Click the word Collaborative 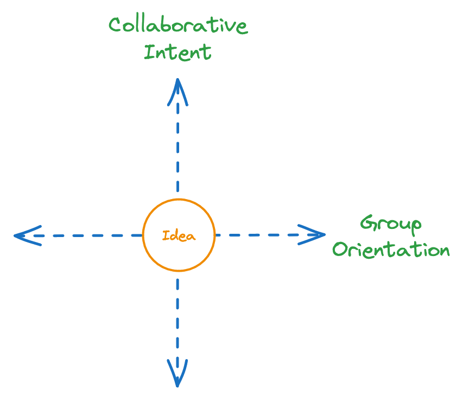178,25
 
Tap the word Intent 177,53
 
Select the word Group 391,224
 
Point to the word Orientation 391,250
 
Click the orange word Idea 179,236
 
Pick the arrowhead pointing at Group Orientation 315,235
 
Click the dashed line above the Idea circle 178,146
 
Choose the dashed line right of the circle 255,235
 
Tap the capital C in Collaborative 115,25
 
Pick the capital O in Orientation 340,251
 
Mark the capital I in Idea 165,236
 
